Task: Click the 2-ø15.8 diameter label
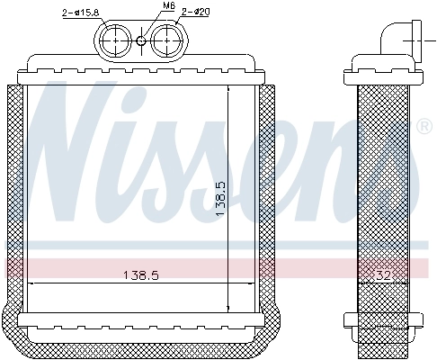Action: pos(80,12)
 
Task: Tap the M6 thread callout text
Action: pos(144,6)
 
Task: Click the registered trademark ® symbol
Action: pos(424,125)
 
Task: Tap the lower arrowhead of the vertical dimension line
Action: pos(228,308)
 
